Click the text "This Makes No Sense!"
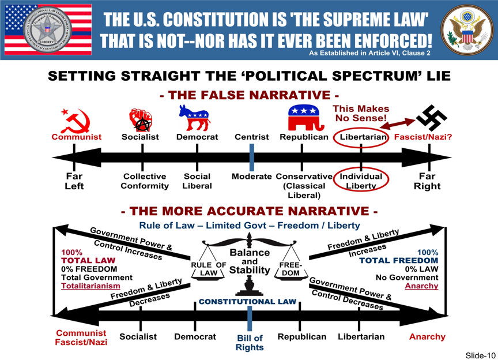[x=361, y=114]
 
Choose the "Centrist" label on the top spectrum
[x=251, y=137]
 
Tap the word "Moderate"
[x=251, y=176]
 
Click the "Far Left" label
[x=74, y=181]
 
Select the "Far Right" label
[x=427, y=181]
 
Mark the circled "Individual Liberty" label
[x=361, y=181]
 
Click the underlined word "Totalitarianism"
[x=91, y=286]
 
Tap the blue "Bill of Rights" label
[x=250, y=343]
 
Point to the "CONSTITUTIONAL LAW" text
[x=247, y=302]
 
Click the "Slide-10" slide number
[x=480, y=355]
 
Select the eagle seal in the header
[x=465, y=30]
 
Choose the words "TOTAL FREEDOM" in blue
[x=399, y=261]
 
